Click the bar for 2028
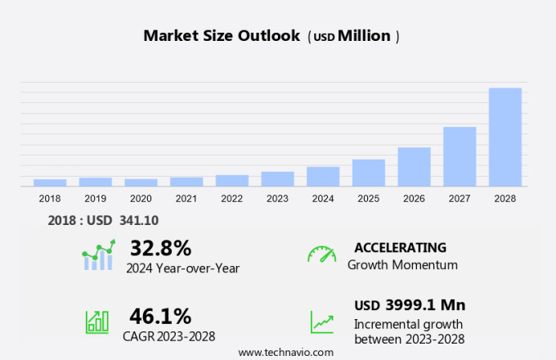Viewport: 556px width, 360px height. (x=504, y=137)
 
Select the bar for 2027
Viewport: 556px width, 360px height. (x=460, y=156)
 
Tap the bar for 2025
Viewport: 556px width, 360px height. (x=368, y=173)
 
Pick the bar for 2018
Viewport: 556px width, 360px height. (x=50, y=182)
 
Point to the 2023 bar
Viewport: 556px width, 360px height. (x=277, y=178)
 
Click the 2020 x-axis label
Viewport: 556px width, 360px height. (x=141, y=199)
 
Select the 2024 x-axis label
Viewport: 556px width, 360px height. (x=323, y=199)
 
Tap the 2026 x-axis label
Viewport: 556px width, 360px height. (x=414, y=199)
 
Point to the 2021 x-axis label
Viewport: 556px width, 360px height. (x=186, y=199)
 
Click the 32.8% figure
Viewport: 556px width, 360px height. (x=160, y=248)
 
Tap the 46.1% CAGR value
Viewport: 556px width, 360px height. (x=160, y=316)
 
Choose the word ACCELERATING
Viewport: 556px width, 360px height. (x=400, y=247)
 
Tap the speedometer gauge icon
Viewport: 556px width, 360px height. (x=321, y=254)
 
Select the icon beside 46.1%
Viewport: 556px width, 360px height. (x=97, y=321)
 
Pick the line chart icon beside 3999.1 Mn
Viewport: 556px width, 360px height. (x=321, y=322)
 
